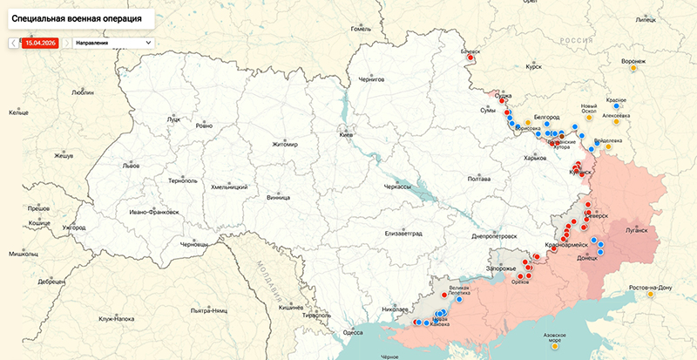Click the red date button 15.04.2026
[x=42, y=42]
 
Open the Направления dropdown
[x=112, y=42]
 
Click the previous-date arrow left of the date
[x=12, y=42]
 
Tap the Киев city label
[x=346, y=135]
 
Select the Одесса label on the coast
[x=353, y=332]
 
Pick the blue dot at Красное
[x=617, y=106]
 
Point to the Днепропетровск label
[x=494, y=235]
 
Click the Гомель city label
[x=360, y=29]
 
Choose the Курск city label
[x=535, y=65]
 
